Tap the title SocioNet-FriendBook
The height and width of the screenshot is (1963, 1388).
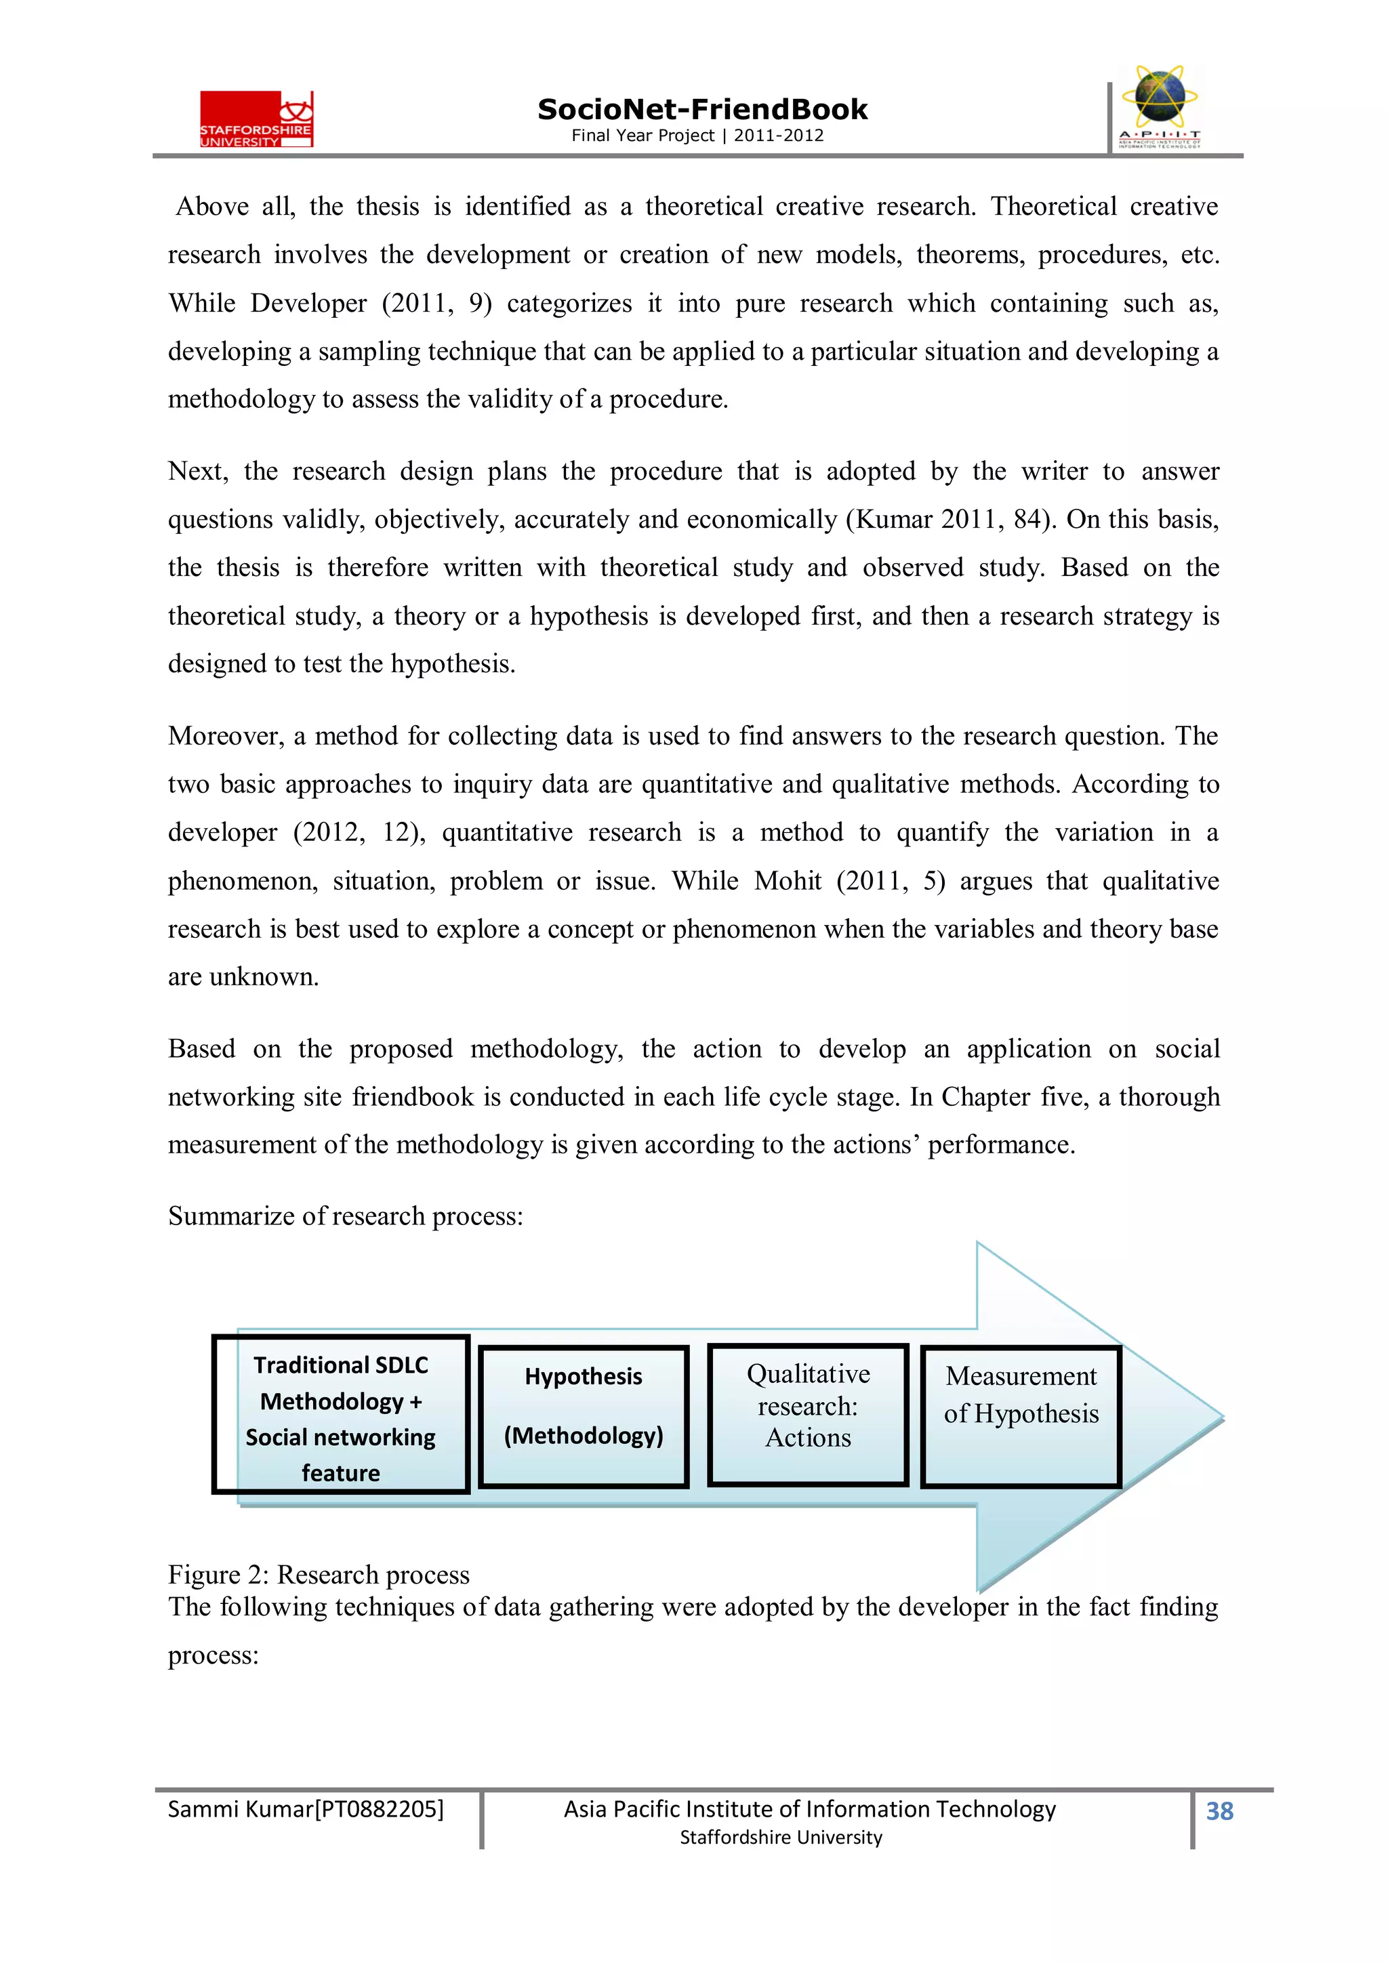(702, 110)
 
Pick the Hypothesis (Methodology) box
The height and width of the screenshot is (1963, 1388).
(584, 1418)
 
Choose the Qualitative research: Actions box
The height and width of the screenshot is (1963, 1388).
(807, 1416)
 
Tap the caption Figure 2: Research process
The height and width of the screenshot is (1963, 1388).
(318, 1574)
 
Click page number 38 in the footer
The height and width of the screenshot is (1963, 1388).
(1219, 1811)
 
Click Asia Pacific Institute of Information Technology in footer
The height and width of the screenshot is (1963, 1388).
(809, 1809)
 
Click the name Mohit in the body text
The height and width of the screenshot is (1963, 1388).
(787, 881)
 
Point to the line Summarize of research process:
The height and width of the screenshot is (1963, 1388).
(345, 1216)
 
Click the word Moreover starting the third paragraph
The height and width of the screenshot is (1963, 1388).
(226, 736)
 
